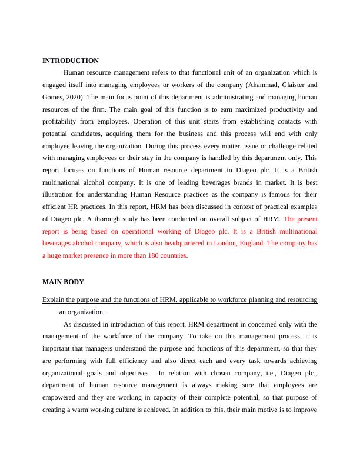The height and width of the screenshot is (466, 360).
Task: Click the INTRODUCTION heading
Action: pos(71,61)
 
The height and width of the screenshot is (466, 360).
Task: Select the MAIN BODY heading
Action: pos(63,282)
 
